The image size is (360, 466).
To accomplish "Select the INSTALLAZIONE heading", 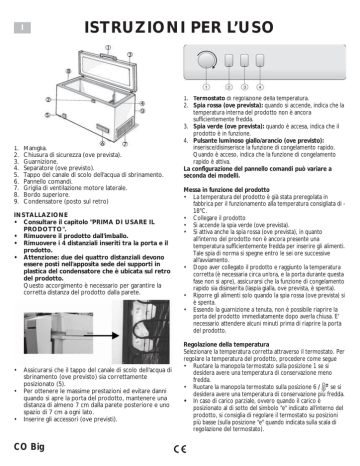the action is point(41,215).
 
